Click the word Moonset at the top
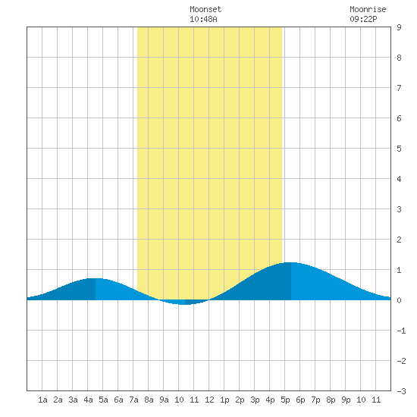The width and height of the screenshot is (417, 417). tap(205, 9)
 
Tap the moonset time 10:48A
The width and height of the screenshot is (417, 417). tap(203, 19)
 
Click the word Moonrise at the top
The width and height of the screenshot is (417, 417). tap(368, 9)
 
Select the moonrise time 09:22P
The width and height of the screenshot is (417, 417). tap(363, 19)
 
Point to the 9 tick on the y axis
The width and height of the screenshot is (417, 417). tap(399, 27)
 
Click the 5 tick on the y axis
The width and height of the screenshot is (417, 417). tap(399, 149)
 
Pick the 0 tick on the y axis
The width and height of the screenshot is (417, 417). tap(399, 300)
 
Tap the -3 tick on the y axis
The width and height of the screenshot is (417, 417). tap(401, 391)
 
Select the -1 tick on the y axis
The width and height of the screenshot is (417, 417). tap(401, 331)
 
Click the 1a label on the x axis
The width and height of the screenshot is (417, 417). tap(42, 400)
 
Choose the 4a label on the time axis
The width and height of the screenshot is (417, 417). tap(88, 400)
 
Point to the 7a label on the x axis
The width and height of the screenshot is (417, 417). tap(133, 400)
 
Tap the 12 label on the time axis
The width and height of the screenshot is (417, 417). tap(209, 400)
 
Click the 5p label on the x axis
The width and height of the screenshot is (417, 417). tap(285, 400)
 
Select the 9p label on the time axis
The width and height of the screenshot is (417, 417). tap(346, 400)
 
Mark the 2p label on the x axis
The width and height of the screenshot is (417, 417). tap(240, 400)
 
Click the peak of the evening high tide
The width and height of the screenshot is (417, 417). tap(291, 262)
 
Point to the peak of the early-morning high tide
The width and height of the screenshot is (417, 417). tap(96, 278)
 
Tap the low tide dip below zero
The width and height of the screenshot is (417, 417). tap(185, 304)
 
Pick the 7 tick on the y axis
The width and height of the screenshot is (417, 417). tap(399, 88)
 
